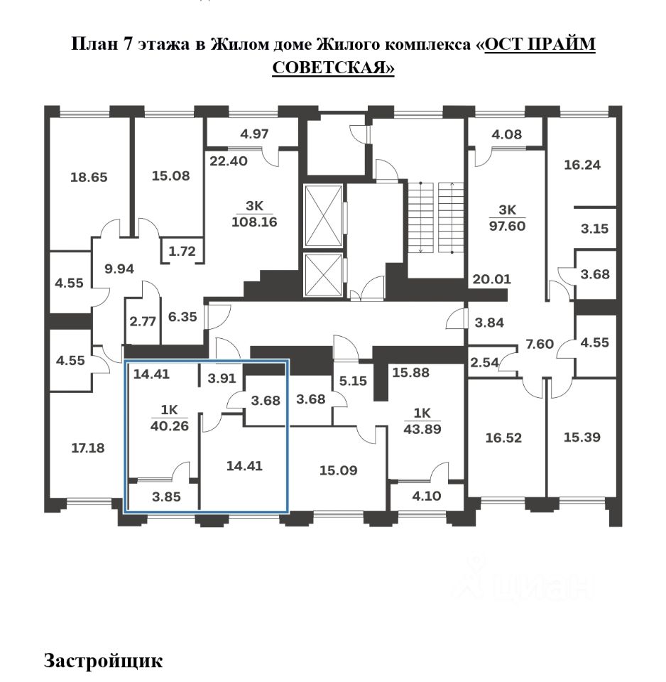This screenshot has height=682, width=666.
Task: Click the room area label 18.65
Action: coord(89,177)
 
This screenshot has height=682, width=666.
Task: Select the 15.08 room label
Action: coord(171,175)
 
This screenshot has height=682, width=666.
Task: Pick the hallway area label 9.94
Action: coord(119,269)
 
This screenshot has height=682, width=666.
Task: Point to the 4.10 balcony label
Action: coord(427,497)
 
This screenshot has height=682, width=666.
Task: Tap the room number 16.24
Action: coord(582,165)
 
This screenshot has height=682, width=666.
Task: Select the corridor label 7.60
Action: coord(539,344)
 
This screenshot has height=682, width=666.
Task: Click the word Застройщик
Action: coord(104,660)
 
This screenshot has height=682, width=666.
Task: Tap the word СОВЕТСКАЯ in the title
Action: coord(332,67)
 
